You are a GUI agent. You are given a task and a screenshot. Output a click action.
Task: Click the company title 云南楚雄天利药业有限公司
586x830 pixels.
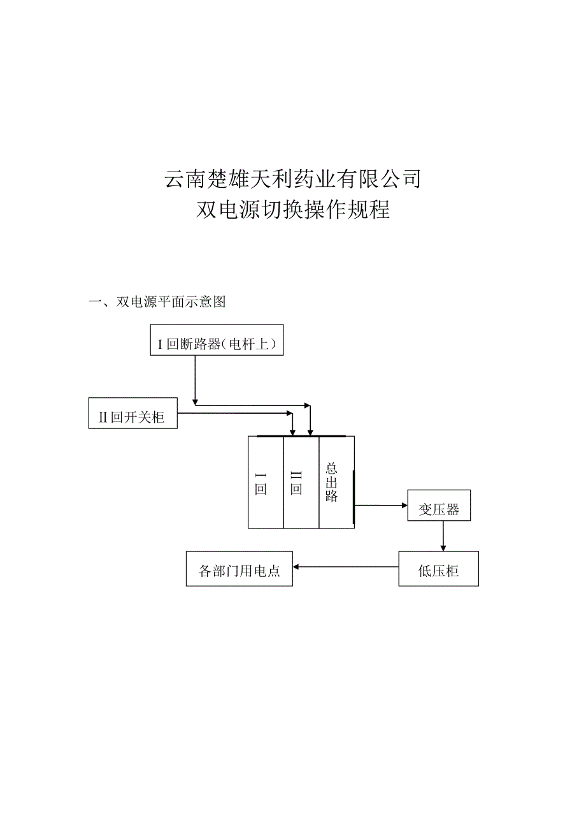tap(293, 179)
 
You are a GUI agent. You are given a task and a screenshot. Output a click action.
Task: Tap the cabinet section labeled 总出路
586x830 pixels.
tap(335, 483)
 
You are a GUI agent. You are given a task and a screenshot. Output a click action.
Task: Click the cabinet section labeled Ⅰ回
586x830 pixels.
tap(265, 483)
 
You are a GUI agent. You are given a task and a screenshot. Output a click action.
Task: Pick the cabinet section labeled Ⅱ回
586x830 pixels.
tap(300, 483)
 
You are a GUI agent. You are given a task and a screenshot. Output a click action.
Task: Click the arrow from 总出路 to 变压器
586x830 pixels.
tap(380, 506)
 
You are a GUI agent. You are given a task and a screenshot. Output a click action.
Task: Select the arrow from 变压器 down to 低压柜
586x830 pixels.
tap(443, 535)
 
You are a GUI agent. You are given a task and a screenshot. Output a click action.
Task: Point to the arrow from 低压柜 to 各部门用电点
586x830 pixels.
tap(345, 567)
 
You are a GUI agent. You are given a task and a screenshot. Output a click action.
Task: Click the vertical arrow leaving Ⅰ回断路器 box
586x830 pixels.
tap(194, 379)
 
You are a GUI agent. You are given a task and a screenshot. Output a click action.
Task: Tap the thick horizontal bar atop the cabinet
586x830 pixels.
tap(301, 437)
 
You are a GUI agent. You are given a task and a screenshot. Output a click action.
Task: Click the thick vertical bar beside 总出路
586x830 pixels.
tap(354, 497)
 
